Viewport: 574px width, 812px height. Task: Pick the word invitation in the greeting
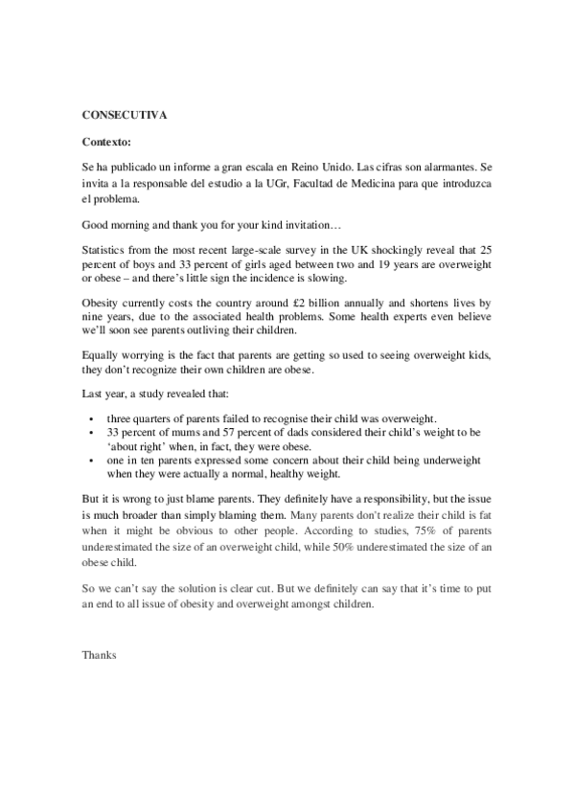click(x=297, y=226)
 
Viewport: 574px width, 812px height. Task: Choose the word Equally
click(x=102, y=356)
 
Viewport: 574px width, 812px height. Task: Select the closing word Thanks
click(x=99, y=657)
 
